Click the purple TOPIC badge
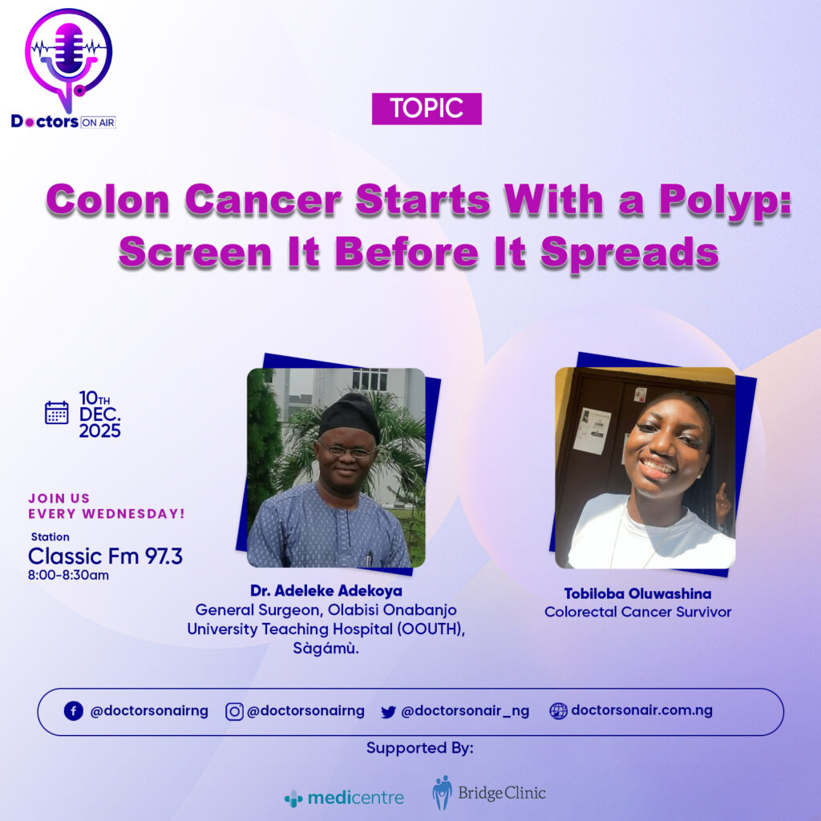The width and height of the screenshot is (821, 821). [427, 108]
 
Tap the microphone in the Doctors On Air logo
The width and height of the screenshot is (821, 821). [69, 48]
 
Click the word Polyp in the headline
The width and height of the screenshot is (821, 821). [725, 201]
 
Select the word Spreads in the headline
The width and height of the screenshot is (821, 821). [629, 253]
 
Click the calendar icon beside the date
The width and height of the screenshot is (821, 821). [57, 413]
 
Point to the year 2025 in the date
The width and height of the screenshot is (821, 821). [100, 431]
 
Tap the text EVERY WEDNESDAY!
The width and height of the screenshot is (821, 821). [107, 514]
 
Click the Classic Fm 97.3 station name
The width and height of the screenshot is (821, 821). [105, 556]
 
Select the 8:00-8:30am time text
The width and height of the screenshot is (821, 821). [69, 575]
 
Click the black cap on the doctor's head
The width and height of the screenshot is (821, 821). [349, 416]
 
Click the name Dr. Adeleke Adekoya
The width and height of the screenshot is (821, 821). [326, 591]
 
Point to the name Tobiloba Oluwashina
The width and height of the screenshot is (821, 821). [637, 593]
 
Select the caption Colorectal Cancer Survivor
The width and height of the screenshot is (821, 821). [637, 612]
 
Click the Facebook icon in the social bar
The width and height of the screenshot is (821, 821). [73, 711]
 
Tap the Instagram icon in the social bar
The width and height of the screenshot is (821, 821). [234, 712]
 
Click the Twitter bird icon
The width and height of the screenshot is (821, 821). [389, 712]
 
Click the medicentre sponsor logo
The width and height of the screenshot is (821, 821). [345, 798]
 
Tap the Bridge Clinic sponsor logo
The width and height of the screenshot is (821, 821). [489, 793]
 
